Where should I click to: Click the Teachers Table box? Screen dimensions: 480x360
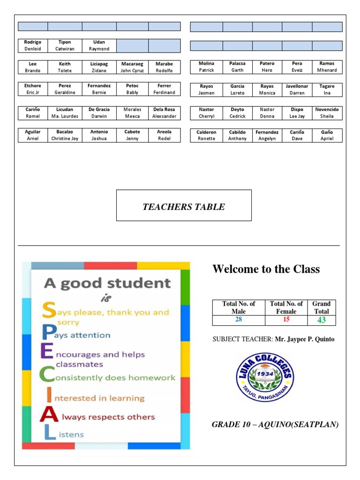184,205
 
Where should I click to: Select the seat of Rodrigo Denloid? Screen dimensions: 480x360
33,45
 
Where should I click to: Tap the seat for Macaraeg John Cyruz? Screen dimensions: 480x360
132,67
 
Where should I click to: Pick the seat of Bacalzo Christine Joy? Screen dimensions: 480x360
65,135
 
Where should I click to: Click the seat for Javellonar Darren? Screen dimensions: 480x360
297,90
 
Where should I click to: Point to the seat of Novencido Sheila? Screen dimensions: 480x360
327,112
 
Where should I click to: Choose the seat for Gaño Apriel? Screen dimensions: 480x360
327,135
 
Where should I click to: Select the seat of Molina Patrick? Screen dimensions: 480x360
206,67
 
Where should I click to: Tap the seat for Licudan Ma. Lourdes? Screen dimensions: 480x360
65,112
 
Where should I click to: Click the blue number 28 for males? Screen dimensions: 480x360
239,320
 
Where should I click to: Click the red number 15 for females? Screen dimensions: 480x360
286,320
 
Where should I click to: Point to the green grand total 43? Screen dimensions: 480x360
322,320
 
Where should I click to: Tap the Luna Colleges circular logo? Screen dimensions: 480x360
265,377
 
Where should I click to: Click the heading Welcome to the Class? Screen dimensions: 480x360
266,269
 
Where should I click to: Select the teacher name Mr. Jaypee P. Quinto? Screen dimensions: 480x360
304,339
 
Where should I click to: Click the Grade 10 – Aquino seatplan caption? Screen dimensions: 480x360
275,424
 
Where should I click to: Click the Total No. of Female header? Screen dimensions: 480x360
286,307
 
